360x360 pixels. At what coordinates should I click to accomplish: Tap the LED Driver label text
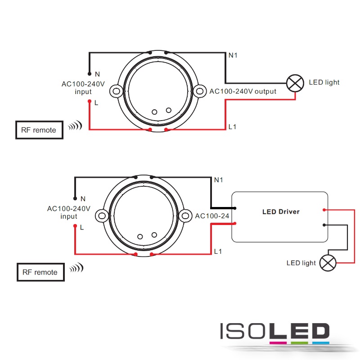coord(281,211)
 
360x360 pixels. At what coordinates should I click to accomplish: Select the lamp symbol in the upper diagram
coord(295,83)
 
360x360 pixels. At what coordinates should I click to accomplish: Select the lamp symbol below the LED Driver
coord(328,263)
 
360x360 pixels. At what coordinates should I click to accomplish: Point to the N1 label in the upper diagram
coord(233,55)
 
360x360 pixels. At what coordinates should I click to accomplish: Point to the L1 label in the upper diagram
coord(232,127)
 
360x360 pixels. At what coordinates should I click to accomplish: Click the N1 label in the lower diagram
coord(218,180)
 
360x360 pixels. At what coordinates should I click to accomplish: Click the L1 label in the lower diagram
coord(218,252)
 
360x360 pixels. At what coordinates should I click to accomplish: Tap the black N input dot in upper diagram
coord(90,74)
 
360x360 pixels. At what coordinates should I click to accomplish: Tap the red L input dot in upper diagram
coord(90,101)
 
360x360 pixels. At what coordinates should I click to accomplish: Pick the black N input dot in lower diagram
coord(75,198)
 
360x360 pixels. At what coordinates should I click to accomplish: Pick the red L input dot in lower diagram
coord(75,226)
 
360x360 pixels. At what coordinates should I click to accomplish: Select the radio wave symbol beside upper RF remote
coord(75,126)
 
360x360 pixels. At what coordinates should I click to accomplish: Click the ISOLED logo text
coord(275,331)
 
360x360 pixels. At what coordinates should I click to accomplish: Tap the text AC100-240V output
coord(243,91)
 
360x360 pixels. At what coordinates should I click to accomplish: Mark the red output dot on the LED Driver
coord(324,210)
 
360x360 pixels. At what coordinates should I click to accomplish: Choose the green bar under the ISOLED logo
coord(299,343)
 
